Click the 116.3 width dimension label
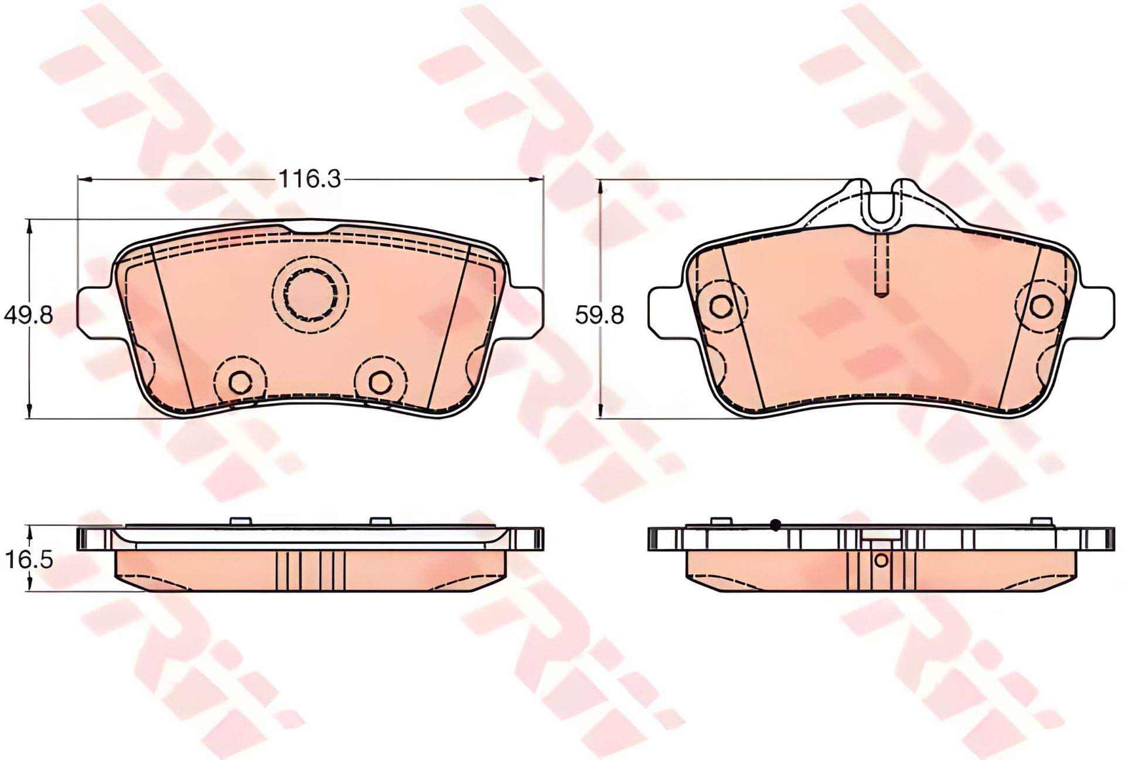coord(309,179)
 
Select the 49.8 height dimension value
coord(28,316)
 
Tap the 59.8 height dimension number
coord(599,316)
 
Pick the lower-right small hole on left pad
coord(382,381)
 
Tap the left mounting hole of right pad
coord(720,304)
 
